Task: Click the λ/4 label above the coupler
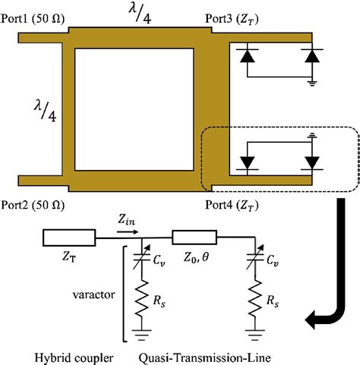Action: [x=144, y=14]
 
